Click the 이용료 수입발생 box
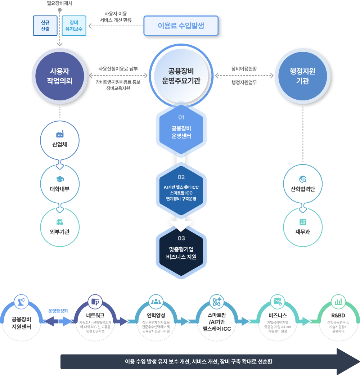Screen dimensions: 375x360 pyautogui.click(x=181, y=26)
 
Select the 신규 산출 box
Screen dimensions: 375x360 pyautogui.click(x=45, y=26)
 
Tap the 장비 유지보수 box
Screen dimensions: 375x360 pyautogui.click(x=74, y=26)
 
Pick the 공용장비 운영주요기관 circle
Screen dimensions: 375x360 pyautogui.click(x=181, y=76)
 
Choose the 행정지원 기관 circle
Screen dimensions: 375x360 pyautogui.click(x=303, y=76)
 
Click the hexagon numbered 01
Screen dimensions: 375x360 pyautogui.click(x=181, y=128)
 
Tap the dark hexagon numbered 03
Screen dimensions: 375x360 pyautogui.click(x=181, y=249)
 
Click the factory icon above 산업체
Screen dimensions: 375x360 pyautogui.click(x=60, y=134)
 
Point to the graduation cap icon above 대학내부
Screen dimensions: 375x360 pyautogui.click(x=60, y=179)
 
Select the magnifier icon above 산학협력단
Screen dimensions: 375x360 pyautogui.click(x=303, y=179)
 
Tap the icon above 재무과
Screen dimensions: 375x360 pyautogui.click(x=303, y=222)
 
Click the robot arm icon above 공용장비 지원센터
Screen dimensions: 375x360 pyautogui.click(x=21, y=301)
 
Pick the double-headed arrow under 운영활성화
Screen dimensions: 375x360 pyautogui.click(x=58, y=321)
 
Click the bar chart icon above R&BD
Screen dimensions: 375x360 pyautogui.click(x=338, y=302)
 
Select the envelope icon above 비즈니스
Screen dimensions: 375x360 pyautogui.click(x=277, y=302)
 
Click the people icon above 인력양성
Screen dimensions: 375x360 pyautogui.click(x=156, y=302)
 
